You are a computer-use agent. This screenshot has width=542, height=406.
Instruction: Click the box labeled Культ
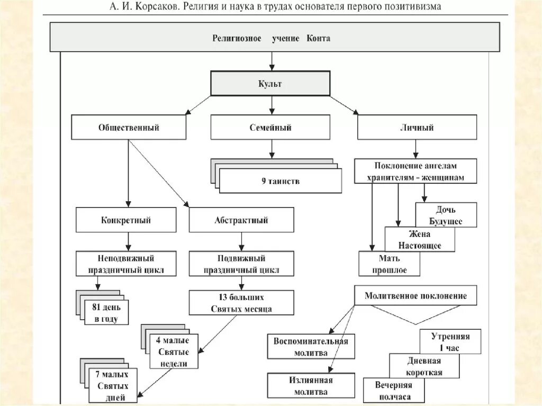(x=270, y=84)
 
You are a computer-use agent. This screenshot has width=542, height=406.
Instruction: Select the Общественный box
(x=129, y=128)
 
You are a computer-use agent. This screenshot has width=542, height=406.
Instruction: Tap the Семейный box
(x=270, y=128)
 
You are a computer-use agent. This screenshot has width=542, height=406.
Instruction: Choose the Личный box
(x=417, y=128)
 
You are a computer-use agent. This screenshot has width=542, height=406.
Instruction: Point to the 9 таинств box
(x=281, y=182)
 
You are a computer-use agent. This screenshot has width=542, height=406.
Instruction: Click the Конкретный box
(x=126, y=220)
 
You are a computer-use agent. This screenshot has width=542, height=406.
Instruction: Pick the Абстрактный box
(x=241, y=220)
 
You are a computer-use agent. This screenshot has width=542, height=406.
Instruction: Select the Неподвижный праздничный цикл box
(x=126, y=264)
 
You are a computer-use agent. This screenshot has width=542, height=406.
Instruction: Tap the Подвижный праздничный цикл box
(x=241, y=264)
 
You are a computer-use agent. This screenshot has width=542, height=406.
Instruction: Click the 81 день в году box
(x=106, y=313)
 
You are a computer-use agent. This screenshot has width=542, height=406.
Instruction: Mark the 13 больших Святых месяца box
(x=241, y=303)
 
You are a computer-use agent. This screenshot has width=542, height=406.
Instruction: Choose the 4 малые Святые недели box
(x=174, y=351)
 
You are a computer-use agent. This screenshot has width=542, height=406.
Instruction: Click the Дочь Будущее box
(x=446, y=215)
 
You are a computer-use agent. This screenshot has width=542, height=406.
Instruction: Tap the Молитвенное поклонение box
(x=415, y=296)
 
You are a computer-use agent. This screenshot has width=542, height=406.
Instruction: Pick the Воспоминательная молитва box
(x=311, y=347)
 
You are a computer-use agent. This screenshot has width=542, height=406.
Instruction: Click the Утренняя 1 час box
(x=450, y=341)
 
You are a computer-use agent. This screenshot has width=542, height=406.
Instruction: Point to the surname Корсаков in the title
(x=158, y=7)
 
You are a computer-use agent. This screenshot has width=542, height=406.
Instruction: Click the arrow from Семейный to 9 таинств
(x=271, y=149)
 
